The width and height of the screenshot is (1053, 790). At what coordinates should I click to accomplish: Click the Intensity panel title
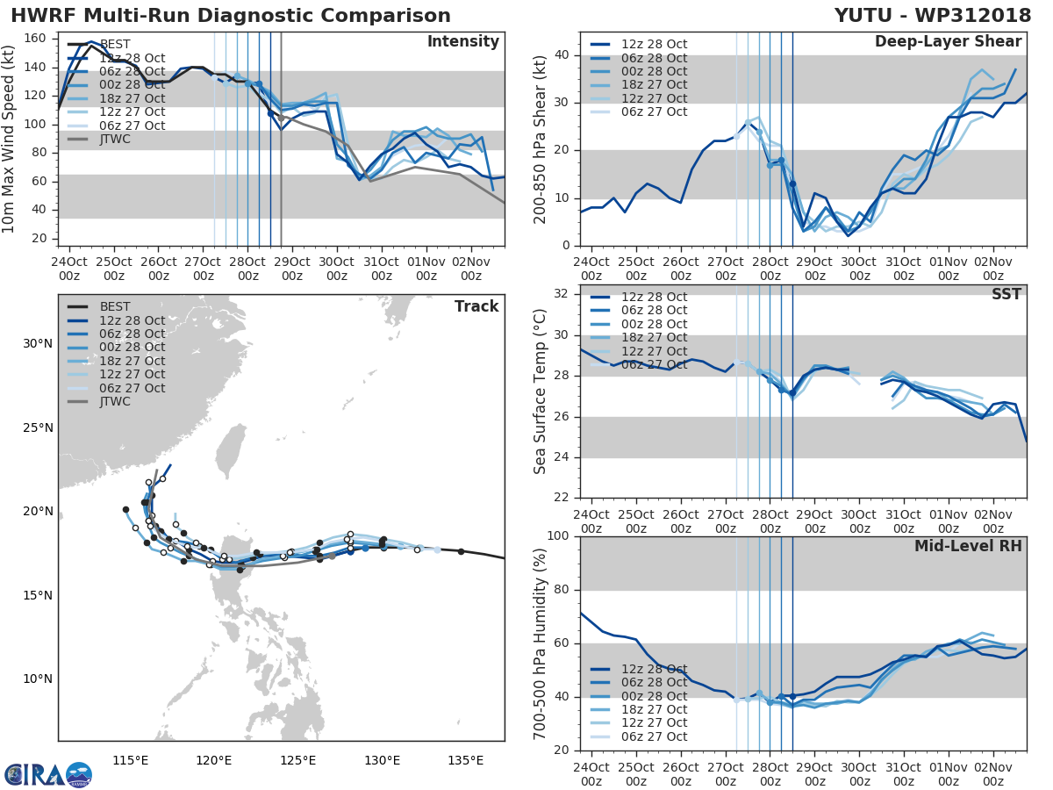click(463, 42)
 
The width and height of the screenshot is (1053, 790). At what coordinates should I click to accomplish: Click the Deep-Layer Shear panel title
click(948, 42)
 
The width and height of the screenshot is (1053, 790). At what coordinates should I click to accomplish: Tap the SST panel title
click(1006, 294)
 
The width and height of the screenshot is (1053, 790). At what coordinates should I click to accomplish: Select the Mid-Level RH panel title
click(968, 546)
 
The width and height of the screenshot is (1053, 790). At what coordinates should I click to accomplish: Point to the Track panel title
click(476, 306)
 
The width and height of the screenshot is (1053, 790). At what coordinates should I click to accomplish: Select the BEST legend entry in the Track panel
click(115, 306)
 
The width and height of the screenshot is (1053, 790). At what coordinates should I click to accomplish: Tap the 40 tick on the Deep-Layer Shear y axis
click(560, 55)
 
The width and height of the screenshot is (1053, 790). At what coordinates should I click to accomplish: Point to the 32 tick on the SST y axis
click(560, 294)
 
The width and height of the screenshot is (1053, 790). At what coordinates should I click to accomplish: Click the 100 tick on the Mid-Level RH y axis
click(556, 536)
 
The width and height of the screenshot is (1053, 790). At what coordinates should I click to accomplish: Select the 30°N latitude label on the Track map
click(38, 343)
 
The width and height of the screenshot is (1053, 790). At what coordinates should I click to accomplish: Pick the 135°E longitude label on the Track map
click(465, 760)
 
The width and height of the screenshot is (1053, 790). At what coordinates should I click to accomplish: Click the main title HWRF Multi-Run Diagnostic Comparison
click(231, 16)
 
